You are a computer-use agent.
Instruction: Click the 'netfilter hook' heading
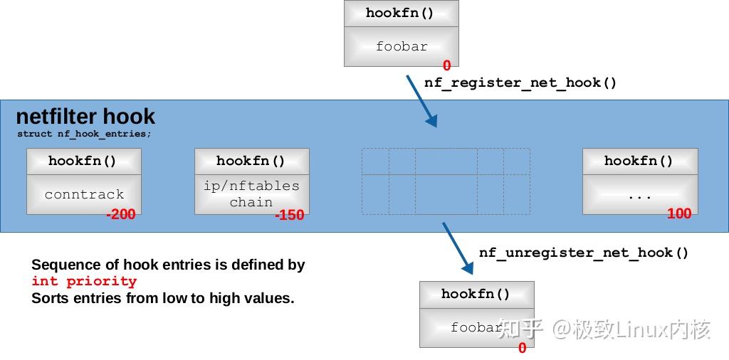point(85,117)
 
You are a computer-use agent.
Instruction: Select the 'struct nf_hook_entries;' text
point(84,134)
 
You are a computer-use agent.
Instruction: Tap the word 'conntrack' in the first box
point(84,194)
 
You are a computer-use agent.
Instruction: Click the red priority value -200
point(120,214)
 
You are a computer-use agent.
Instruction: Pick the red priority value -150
point(289,215)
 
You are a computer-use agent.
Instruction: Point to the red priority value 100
point(678,213)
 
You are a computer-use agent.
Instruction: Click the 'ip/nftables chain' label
point(251,194)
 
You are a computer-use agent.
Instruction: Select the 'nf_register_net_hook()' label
point(520,83)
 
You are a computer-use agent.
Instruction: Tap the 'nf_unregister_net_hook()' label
point(584,253)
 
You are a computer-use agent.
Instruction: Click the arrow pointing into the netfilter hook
point(421,101)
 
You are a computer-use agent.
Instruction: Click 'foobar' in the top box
point(402,46)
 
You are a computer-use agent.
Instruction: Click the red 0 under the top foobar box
point(446,66)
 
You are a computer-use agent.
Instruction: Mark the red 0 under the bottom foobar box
point(522,348)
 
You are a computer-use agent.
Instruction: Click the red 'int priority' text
point(84,281)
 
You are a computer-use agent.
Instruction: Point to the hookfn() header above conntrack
point(83,161)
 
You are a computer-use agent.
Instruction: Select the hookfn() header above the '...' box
point(639,161)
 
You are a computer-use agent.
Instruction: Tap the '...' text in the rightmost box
point(639,195)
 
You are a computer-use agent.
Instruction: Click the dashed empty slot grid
point(446,181)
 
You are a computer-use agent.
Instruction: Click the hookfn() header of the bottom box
point(476,294)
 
